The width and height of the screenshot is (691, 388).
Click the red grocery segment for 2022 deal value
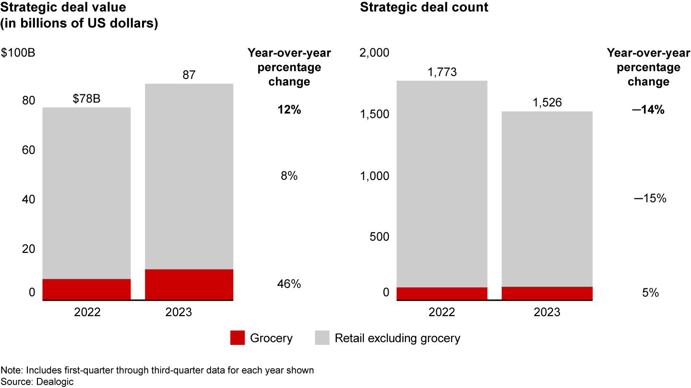pyautogui.click(x=87, y=289)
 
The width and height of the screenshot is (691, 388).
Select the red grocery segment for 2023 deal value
pyautogui.click(x=189, y=285)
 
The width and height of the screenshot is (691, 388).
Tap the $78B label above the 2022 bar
pyautogui.click(x=87, y=99)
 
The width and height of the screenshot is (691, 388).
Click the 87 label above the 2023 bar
pyautogui.click(x=189, y=75)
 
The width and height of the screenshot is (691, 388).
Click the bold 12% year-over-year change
pyautogui.click(x=289, y=110)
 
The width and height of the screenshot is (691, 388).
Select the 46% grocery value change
pyautogui.click(x=289, y=284)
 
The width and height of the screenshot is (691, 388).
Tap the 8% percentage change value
pyautogui.click(x=289, y=176)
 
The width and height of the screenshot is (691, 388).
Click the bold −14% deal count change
pyautogui.click(x=648, y=110)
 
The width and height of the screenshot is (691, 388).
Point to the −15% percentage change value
pyautogui.click(x=650, y=198)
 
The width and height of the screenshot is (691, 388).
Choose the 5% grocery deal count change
pyautogui.click(x=650, y=292)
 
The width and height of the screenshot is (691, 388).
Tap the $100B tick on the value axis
pyautogui.click(x=18, y=53)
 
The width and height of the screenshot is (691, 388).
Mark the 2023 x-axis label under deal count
pyautogui.click(x=547, y=312)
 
